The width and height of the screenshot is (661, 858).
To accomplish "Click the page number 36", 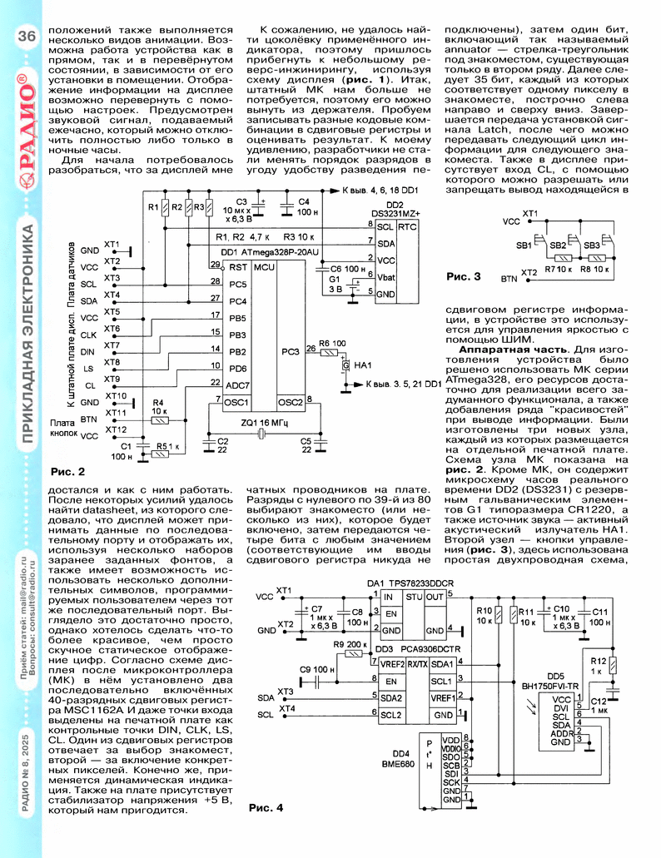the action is pyautogui.click(x=27, y=36).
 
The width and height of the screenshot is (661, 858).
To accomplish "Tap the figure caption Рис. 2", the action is pyautogui.click(x=68, y=472).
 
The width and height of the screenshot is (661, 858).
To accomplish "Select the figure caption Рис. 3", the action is pyautogui.click(x=464, y=276).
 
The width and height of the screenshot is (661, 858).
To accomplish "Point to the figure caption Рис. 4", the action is pyautogui.click(x=266, y=808).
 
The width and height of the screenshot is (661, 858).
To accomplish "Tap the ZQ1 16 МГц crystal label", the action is pyautogui.click(x=264, y=423).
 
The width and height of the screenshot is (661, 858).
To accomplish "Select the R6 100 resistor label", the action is pyautogui.click(x=332, y=343).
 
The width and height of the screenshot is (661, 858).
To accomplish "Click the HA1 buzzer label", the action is pyautogui.click(x=363, y=365).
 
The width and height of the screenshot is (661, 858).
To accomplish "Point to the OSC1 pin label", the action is pyautogui.click(x=236, y=402).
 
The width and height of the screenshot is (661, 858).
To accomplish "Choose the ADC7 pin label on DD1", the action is pyautogui.click(x=237, y=385).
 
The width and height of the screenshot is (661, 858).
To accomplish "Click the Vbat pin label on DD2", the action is pyautogui.click(x=385, y=277).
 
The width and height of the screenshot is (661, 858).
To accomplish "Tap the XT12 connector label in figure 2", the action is pyautogui.click(x=116, y=429).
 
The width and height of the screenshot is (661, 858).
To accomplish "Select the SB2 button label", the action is pyautogui.click(x=558, y=245).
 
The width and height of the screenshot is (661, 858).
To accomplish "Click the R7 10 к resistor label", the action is pyautogui.click(x=558, y=270).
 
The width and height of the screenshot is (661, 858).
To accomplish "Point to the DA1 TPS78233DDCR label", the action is pyautogui.click(x=410, y=584).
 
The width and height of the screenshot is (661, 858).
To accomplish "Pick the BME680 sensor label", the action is pyautogui.click(x=398, y=764).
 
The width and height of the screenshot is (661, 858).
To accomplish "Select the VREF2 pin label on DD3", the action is pyautogui.click(x=392, y=664).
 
